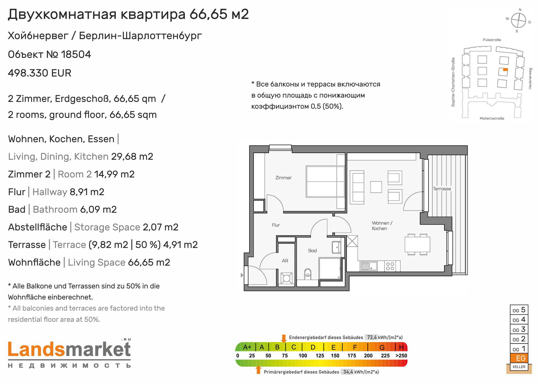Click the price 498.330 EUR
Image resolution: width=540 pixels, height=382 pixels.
tap(40, 73)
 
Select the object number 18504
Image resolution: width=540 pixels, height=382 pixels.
tap(76, 55)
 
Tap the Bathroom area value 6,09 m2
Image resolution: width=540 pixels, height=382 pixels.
tap(98, 209)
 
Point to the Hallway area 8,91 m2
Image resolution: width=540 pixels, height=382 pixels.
tap(87, 192)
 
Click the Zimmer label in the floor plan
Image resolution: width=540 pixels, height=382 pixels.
tap(283, 178)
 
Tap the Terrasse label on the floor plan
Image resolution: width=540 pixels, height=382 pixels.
tap(442, 189)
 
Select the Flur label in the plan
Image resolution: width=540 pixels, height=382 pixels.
tap(276, 225)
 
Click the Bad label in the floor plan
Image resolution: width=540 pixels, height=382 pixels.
tap(312, 251)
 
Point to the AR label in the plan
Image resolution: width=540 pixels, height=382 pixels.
tap(285, 261)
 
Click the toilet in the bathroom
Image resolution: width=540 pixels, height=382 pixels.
tap(308, 274)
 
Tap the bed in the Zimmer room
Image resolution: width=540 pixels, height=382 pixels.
tap(325, 181)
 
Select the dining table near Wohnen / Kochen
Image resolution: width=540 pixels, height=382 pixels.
tap(417, 244)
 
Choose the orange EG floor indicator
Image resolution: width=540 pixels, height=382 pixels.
tap(519, 358)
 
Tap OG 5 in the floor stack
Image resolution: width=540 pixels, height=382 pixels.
tap(519, 310)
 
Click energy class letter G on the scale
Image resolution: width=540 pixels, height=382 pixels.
tap(382, 347)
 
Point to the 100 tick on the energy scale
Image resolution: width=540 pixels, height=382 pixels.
tap(303, 356)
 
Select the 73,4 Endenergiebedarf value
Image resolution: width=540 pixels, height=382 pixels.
tap(372, 337)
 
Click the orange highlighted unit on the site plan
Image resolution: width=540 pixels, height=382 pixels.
tap(505, 70)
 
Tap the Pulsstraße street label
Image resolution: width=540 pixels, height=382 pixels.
tap(492, 40)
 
